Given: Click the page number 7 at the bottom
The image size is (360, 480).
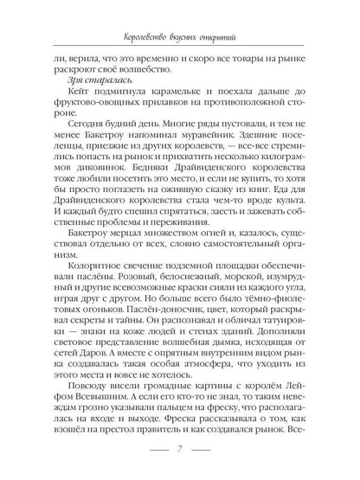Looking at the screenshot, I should (x=178, y=450).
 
